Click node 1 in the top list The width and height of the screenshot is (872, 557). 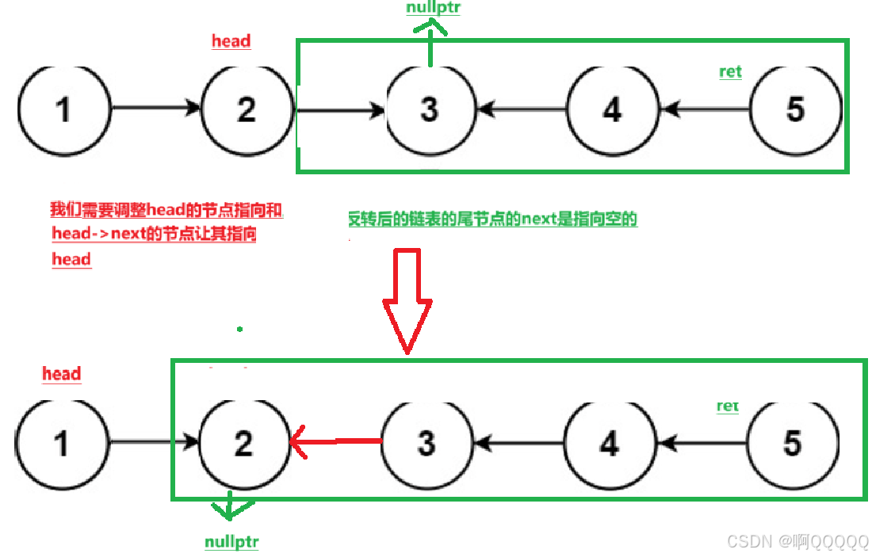pos(63,109)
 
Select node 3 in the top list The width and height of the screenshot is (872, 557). pos(430,109)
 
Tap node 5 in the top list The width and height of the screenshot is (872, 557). pos(795,109)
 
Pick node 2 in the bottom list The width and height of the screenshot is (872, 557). pos(243,443)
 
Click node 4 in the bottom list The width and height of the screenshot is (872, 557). pos(610,443)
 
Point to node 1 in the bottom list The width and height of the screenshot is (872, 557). pos(61,443)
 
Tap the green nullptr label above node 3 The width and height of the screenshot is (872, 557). pos(433,9)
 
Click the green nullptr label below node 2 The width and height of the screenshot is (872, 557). pos(231,543)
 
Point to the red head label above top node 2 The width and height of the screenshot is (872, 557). pos(231,41)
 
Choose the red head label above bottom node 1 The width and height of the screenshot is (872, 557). pos(62,374)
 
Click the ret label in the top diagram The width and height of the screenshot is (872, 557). pos(730,72)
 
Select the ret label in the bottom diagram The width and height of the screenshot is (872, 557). pos(728,406)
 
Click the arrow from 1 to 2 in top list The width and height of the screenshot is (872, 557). pos(155,108)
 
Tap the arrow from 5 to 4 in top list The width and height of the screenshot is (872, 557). pos(706,109)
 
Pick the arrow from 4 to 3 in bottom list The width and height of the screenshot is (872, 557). pos(518,443)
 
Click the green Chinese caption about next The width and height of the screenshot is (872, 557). pos(492,219)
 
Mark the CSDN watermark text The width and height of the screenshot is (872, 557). pos(797,541)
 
